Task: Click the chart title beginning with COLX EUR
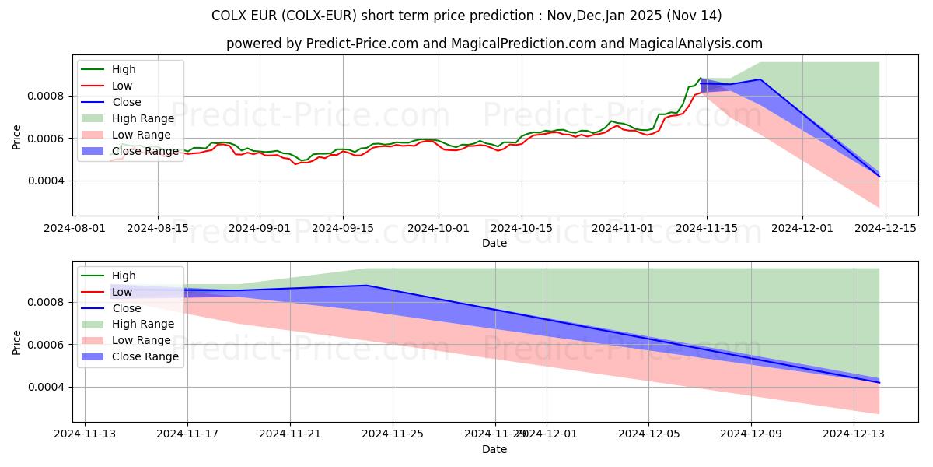[466, 16]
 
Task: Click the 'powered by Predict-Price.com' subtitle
[494, 44]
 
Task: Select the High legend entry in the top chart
[124, 69]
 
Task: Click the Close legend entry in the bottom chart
[127, 308]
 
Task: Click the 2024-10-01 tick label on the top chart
[439, 228]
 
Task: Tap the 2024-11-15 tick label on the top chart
[707, 228]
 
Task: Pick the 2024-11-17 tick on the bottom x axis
[187, 434]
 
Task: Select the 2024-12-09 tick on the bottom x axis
[752, 434]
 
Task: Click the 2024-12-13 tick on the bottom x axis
[854, 434]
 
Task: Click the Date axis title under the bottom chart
[494, 449]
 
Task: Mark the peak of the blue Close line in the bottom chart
[367, 286]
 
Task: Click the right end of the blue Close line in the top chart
[879, 177]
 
